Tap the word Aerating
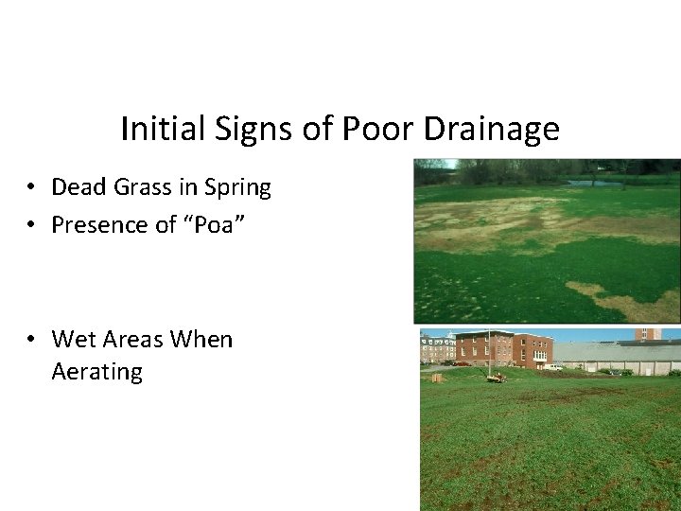pos(96,372)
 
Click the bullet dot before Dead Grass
pos(32,188)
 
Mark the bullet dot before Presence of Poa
pos(32,225)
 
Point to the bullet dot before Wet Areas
pos(32,340)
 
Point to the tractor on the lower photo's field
pos(495,377)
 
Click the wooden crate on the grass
pos(437,378)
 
